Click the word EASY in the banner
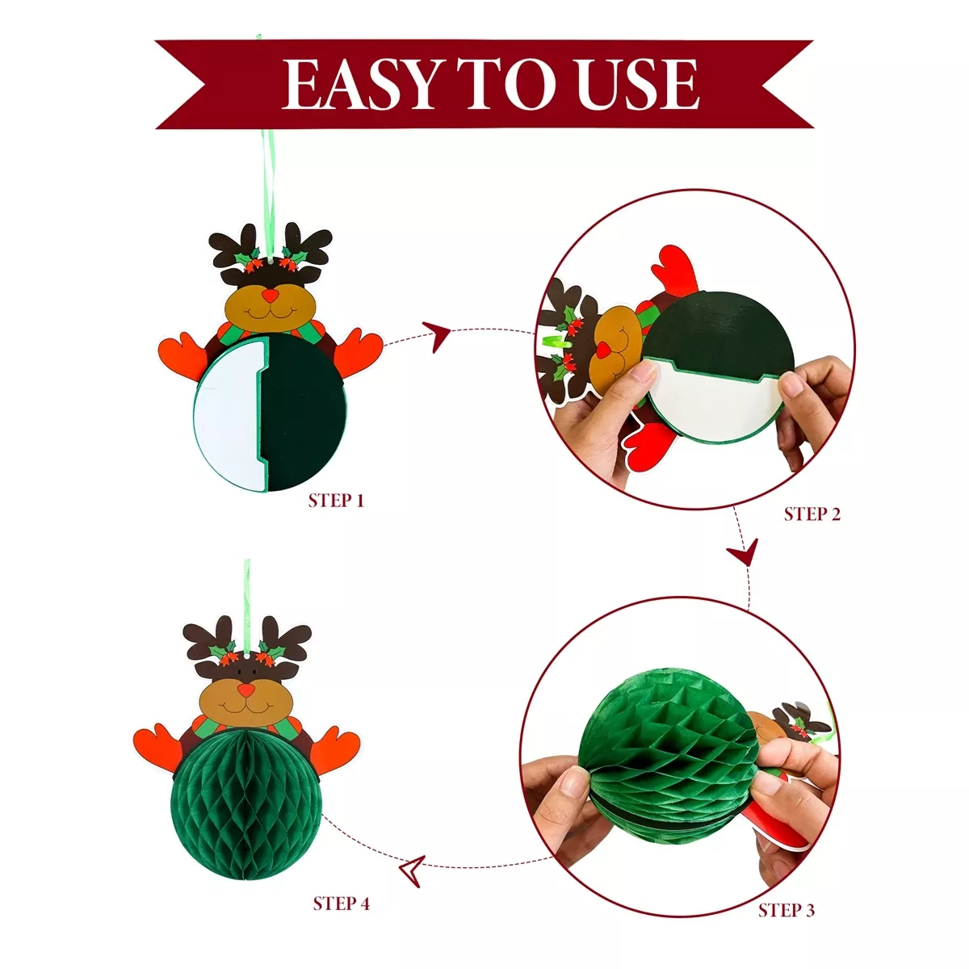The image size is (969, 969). pos(359,84)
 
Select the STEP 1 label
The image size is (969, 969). pos(335,501)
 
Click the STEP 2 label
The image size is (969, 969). pos(812,514)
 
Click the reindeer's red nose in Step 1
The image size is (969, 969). pos(271,296)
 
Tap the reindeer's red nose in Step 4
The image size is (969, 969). pos(245,690)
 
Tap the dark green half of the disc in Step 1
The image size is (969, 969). pos(304,413)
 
